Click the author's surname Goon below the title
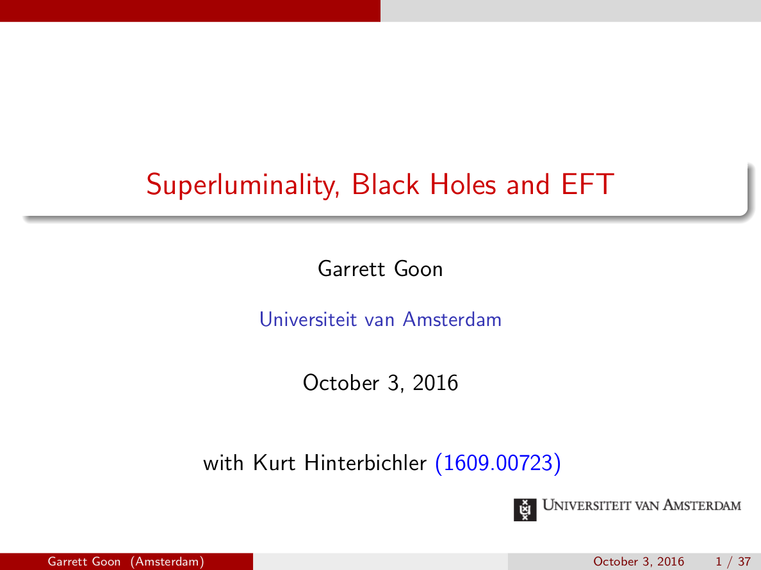click(x=418, y=269)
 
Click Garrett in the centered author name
click(x=352, y=269)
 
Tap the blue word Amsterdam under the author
click(x=452, y=319)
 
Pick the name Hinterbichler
click(x=365, y=462)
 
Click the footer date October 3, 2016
click(x=639, y=562)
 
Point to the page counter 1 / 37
click(x=733, y=562)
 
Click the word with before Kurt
click(x=224, y=462)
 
